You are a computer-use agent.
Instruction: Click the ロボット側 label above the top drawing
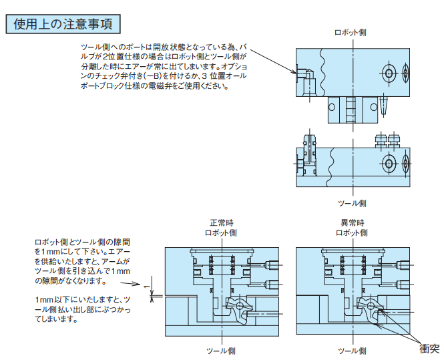pos(350,32)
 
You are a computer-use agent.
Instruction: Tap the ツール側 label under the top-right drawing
pos(350,202)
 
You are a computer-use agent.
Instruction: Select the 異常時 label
pos(351,222)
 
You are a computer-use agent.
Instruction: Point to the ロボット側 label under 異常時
pos(351,232)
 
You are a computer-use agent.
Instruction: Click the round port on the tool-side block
pos(389,163)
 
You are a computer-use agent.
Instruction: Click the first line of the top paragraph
pos(164,47)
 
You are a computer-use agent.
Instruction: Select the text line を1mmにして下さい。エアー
pos(81,251)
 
